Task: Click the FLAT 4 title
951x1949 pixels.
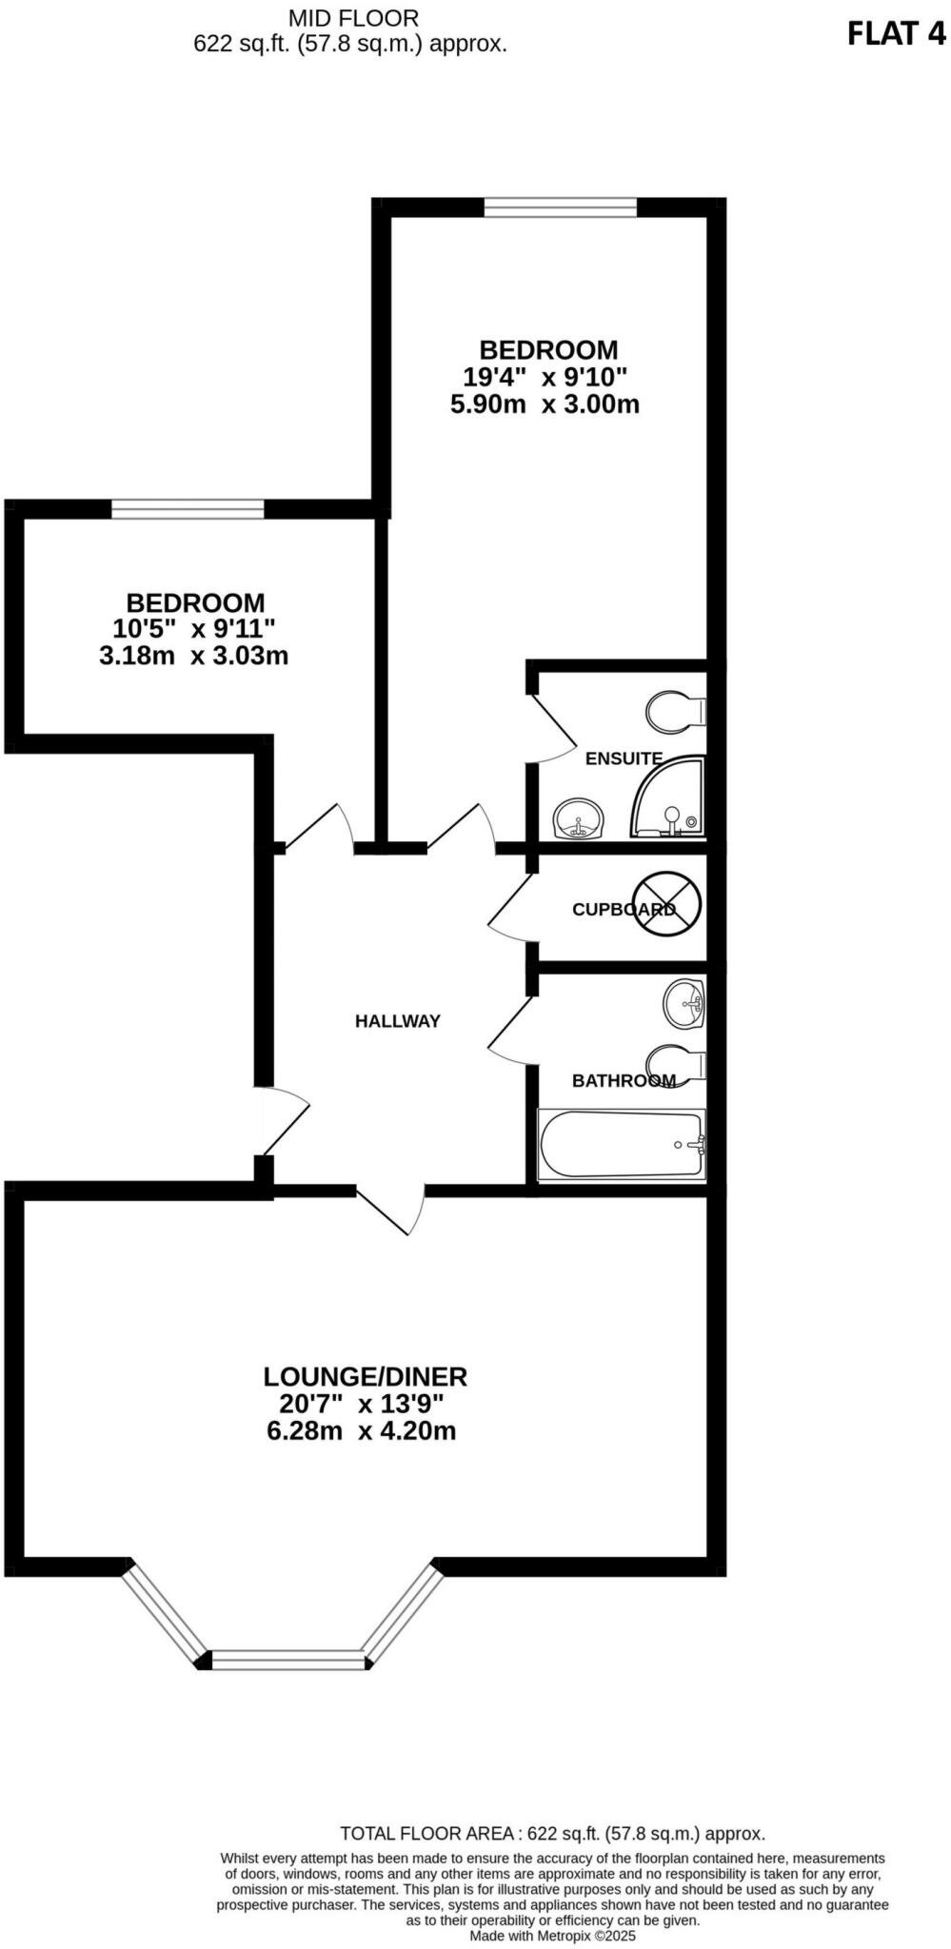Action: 896,34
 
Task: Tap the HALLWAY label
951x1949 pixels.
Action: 397,1021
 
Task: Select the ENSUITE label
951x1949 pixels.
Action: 624,758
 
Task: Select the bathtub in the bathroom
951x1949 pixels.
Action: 622,1145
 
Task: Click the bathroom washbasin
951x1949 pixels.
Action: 684,1003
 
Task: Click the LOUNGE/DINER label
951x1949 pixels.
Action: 365,1376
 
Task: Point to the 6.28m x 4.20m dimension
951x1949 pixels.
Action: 362,1430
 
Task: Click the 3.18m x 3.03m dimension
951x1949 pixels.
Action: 193,656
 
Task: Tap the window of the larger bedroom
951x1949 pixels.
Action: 560,207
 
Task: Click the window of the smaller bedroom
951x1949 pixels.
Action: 188,509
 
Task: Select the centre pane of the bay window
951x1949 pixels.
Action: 288,1661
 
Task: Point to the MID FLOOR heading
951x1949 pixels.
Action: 352,17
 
